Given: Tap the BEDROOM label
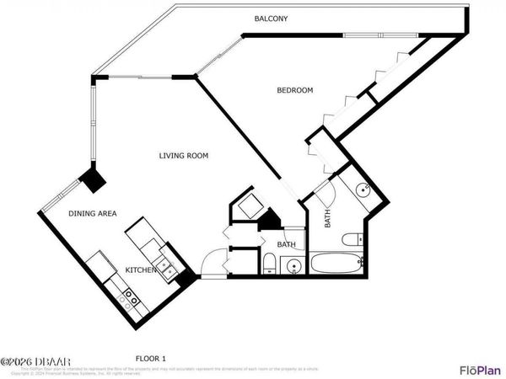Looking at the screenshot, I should [295, 90].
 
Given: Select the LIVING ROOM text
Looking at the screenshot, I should [184, 156].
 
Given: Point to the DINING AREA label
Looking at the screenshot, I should [92, 214].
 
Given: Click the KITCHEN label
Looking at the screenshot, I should [139, 270].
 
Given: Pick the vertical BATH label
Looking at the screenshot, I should [328, 217].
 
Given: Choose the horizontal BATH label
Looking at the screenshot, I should [287, 245].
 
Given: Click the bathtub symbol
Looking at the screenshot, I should [337, 264].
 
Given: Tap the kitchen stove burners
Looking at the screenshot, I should [131, 296].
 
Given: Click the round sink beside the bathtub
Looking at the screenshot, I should [293, 266].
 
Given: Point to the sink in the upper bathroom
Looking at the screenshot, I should [363, 190].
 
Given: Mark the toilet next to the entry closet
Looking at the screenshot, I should [268, 264].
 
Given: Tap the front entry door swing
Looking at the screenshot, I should [214, 263].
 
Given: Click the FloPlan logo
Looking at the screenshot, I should [478, 370].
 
